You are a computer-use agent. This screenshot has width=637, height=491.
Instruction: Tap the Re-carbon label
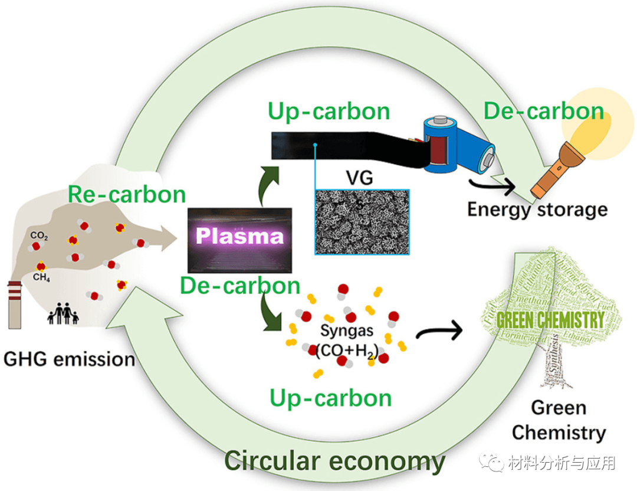pyautogui.click(x=126, y=194)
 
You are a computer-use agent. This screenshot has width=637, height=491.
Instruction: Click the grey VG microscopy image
pyautogui.click(x=362, y=221)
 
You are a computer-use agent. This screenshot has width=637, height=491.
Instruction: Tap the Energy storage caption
pyautogui.click(x=537, y=209)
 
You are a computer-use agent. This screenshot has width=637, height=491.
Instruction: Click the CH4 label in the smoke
pyautogui.click(x=41, y=277)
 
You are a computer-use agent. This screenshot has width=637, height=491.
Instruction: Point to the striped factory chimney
pyautogui.click(x=15, y=304)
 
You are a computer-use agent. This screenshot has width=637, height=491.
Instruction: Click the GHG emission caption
pyautogui.click(x=70, y=358)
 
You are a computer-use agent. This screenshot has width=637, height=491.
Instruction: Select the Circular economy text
pyautogui.click(x=334, y=461)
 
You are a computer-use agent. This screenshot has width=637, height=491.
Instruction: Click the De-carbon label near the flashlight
pyautogui.click(x=543, y=111)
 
